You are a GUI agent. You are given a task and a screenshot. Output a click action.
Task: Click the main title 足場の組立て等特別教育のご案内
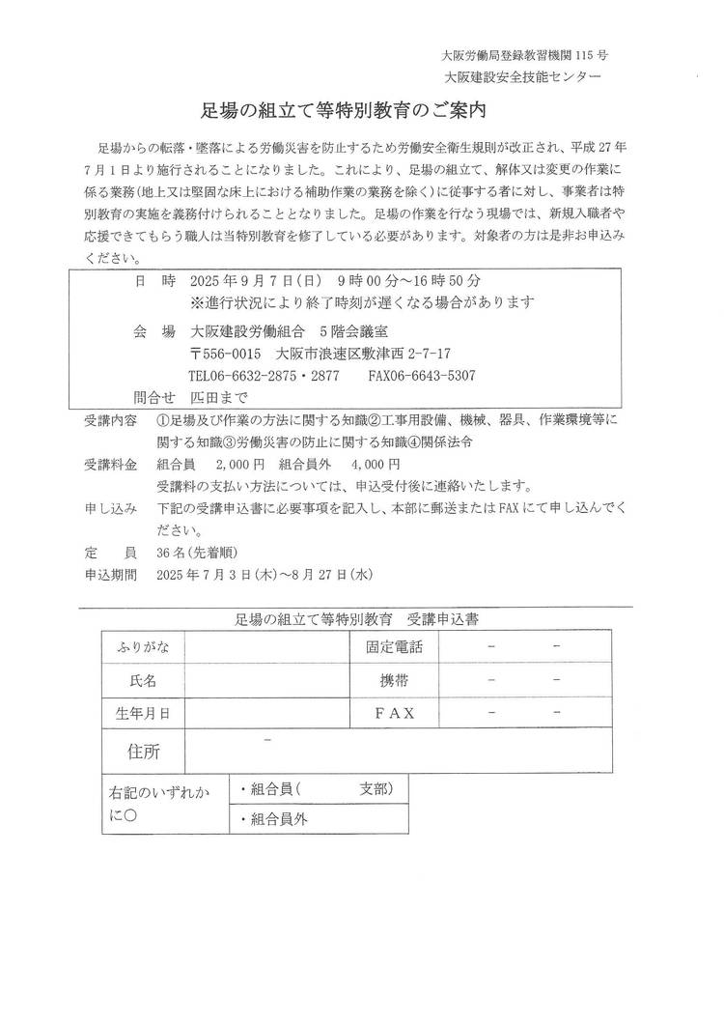click(362, 112)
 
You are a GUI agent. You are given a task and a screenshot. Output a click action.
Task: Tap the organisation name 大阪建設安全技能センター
click(521, 76)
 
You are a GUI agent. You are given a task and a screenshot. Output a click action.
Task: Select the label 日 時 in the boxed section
click(154, 281)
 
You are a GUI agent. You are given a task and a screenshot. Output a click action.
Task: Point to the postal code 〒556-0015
click(225, 353)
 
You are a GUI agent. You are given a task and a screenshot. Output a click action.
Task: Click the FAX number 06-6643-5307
click(437, 375)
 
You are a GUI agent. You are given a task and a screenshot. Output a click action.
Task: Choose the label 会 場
click(154, 330)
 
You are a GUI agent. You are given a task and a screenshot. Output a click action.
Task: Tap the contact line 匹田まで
click(220, 397)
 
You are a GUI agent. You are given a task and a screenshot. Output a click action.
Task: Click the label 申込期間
click(111, 574)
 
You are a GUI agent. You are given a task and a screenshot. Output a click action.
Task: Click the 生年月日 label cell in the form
click(143, 713)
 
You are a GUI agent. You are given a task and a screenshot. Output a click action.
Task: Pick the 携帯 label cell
click(396, 680)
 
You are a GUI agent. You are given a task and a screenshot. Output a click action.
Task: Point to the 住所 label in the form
click(143, 751)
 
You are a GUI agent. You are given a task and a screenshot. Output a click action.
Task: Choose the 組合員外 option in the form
click(281, 819)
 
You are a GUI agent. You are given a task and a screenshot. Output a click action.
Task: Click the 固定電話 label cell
click(396, 647)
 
